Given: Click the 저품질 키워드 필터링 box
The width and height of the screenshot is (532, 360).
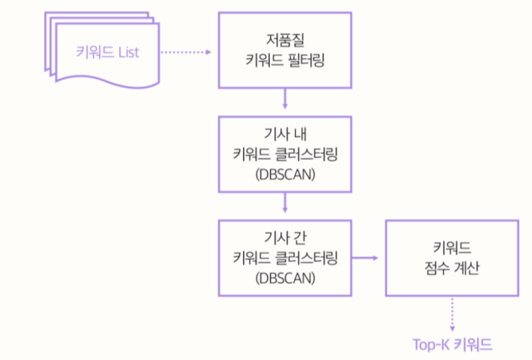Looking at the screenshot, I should coord(285,49).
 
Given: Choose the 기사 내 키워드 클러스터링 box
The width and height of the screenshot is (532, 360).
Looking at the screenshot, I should coord(285,154).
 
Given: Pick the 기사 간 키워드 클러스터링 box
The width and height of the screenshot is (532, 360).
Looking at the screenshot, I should coord(285,258).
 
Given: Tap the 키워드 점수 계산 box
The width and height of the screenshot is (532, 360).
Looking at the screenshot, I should coord(452,258).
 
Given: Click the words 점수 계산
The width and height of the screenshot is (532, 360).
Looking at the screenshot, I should coord(452,268).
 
